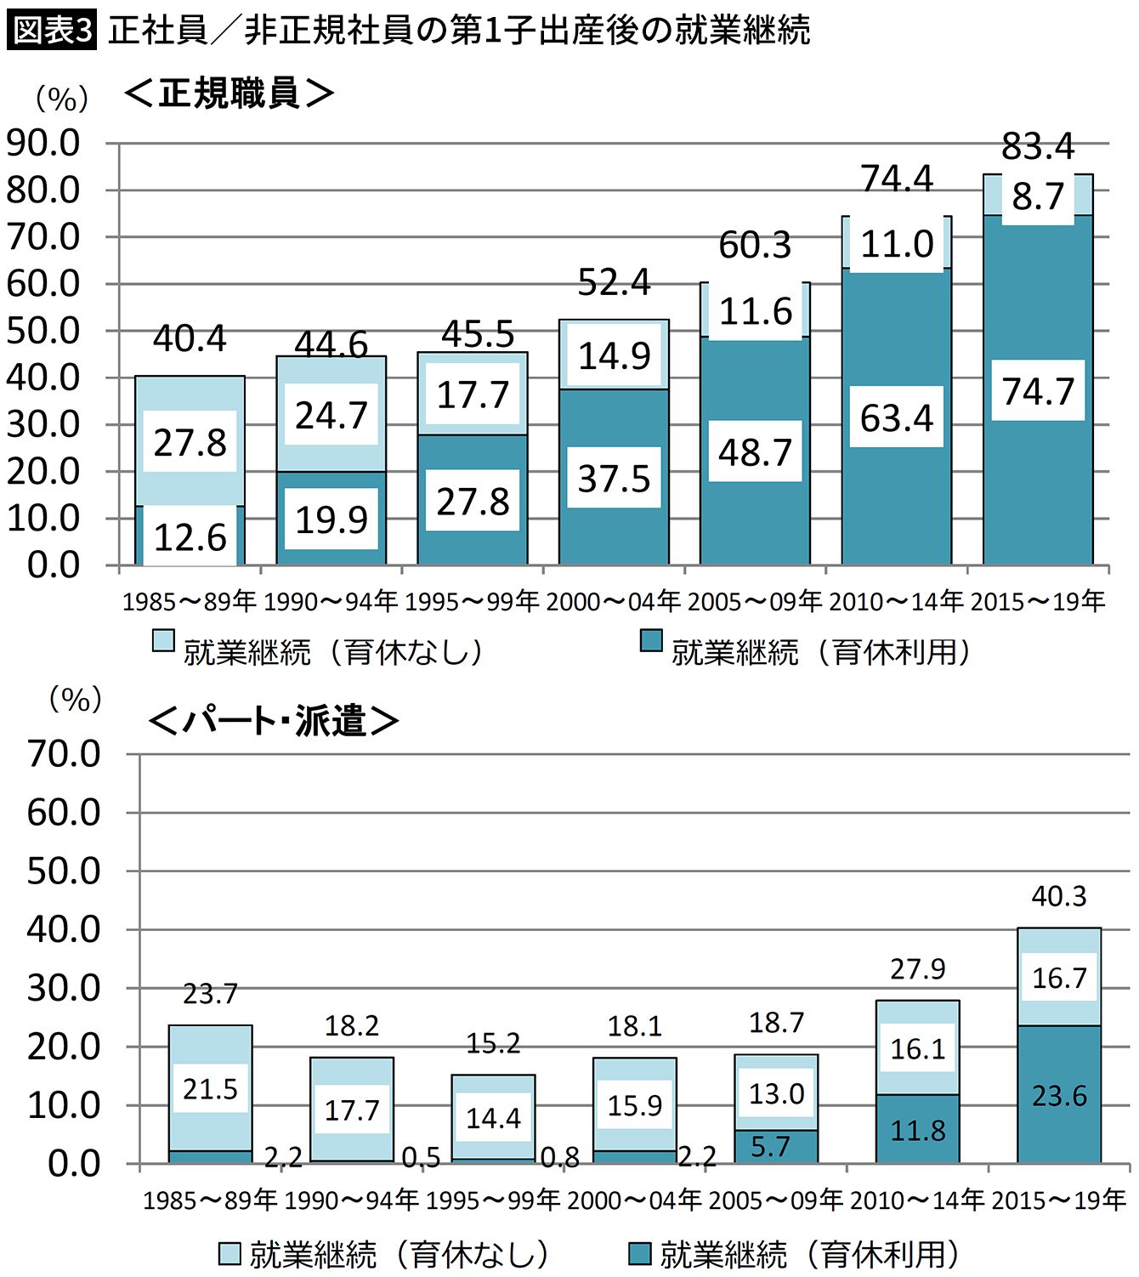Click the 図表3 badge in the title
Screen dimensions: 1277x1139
tap(52, 31)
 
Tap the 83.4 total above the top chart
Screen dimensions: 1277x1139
tap(1038, 146)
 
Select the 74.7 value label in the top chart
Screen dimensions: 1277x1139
tap(1038, 391)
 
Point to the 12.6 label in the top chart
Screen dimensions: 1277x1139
tap(190, 537)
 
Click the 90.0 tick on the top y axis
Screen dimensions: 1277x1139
tap(43, 143)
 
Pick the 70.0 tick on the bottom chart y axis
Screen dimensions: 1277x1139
tap(64, 754)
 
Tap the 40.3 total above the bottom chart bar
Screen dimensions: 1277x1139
tap(1059, 896)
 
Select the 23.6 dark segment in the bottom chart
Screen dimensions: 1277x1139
tap(1059, 1096)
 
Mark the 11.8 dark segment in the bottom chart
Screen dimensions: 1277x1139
tap(918, 1131)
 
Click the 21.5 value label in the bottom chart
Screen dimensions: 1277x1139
tap(211, 1089)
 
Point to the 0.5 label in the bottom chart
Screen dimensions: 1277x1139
tap(422, 1157)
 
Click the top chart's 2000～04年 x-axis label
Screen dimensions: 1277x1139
tap(614, 602)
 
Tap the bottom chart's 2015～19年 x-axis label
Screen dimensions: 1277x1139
tap(1059, 1200)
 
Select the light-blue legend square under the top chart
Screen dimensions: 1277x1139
tap(163, 641)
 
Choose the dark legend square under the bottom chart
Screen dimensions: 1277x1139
tap(639, 1253)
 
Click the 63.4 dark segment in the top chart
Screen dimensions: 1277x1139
tap(897, 418)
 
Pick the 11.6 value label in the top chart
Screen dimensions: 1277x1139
tap(756, 312)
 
